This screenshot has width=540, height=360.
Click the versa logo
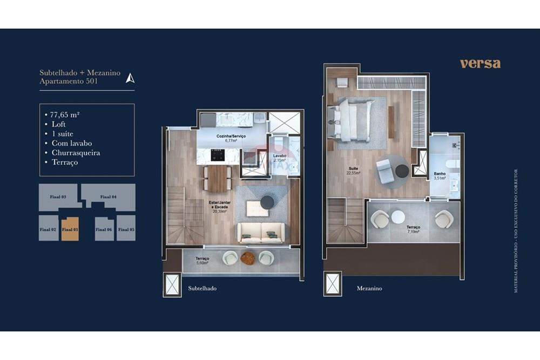(x=480, y=64)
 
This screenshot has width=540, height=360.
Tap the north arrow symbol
(x=130, y=78)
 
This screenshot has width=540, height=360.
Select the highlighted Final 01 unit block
(x=70, y=228)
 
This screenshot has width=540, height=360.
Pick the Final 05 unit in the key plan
(x=126, y=228)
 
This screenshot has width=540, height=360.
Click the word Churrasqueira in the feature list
(x=76, y=153)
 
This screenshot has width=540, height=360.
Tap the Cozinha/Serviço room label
(x=231, y=138)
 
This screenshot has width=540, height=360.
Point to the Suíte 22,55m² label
(x=354, y=171)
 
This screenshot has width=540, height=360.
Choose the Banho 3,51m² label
(x=440, y=176)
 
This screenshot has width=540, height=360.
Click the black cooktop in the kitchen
(x=218, y=155)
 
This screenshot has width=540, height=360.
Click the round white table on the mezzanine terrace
(x=398, y=217)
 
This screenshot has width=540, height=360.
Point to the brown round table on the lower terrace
(x=248, y=259)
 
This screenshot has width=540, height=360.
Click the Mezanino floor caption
(x=369, y=289)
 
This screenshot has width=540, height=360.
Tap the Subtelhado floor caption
(x=202, y=289)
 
